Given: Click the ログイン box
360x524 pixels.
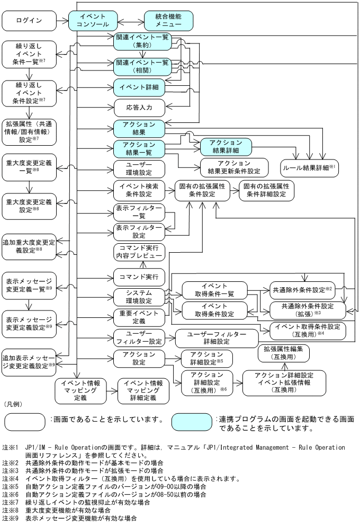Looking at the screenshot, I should (29, 22).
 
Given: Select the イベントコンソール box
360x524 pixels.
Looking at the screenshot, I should (93, 21).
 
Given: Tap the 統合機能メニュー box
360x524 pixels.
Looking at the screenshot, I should (168, 21).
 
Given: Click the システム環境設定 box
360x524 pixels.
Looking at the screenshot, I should (139, 297).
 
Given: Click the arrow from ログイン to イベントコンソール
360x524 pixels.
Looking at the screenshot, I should (62, 22).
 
